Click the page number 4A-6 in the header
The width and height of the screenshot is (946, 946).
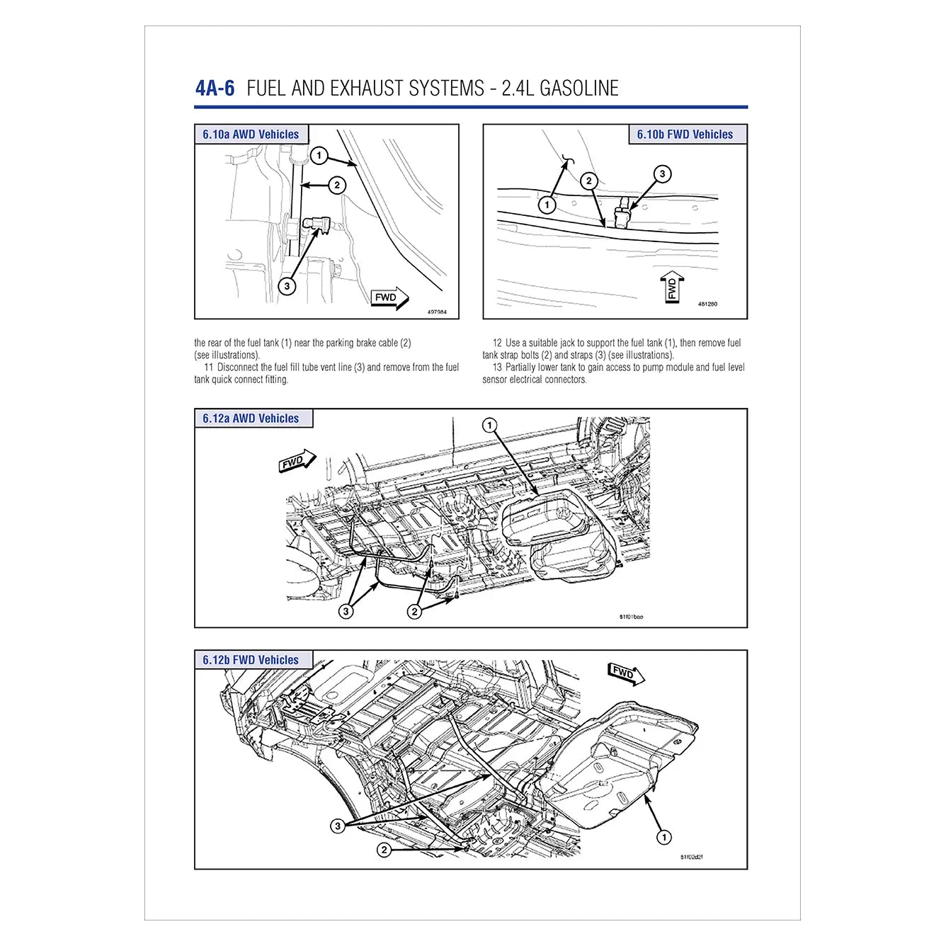coord(215,89)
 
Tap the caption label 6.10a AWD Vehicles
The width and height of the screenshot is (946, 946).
coord(251,135)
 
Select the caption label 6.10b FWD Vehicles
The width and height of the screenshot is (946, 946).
coord(685,135)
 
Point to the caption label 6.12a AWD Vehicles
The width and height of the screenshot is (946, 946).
coord(251,418)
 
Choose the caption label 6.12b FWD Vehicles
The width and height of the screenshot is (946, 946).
coord(251,660)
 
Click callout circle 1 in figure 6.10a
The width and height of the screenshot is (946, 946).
coord(319,155)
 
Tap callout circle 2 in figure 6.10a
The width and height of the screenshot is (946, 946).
coord(337,186)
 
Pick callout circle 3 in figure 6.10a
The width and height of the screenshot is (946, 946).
coord(287,286)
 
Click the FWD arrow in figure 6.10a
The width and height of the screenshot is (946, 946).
coord(389,298)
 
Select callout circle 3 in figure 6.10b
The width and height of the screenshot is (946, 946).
coord(662,174)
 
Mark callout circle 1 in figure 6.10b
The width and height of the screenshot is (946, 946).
coord(547,205)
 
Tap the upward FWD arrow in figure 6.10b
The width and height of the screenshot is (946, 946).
coord(672,286)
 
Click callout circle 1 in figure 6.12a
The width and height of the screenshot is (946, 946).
coord(489,426)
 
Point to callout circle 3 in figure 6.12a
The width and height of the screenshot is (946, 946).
coord(346,611)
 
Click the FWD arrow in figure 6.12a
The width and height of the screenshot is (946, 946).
coord(297,461)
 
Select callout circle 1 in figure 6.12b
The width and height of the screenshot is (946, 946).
coord(663,838)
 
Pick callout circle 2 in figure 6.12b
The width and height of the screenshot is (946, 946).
coord(384,850)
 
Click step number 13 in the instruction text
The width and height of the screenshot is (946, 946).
coord(497,367)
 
